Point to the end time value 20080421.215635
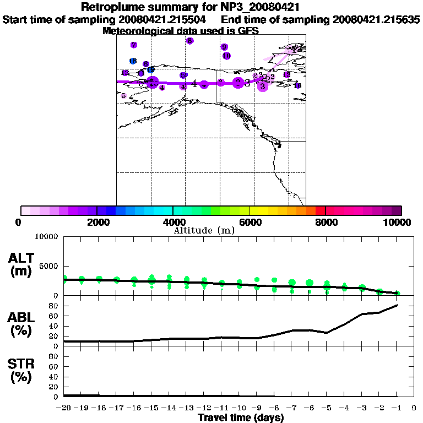(376, 20)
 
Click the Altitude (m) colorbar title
(204, 230)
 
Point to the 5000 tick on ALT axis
(50, 266)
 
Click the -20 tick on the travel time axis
(64, 408)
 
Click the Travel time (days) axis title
(241, 417)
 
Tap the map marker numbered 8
(189, 41)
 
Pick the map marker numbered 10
(226, 56)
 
